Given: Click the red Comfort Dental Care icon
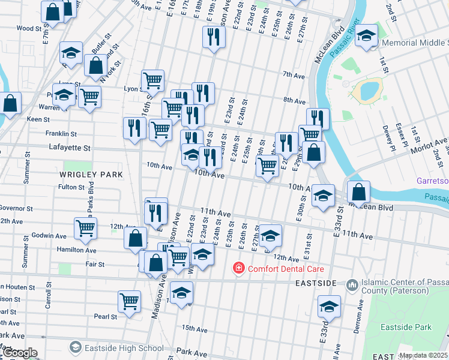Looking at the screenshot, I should point(239,268).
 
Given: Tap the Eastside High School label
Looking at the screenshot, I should point(126,348).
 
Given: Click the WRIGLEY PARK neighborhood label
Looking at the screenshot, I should point(91,175).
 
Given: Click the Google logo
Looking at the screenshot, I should point(19,353).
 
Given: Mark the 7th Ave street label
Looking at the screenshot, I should point(294,75).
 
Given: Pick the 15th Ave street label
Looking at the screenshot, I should point(194,328).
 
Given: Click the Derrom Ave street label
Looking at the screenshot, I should point(360,312).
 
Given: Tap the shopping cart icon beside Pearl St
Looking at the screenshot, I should point(129,301).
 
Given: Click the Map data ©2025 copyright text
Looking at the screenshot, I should point(423,355).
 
